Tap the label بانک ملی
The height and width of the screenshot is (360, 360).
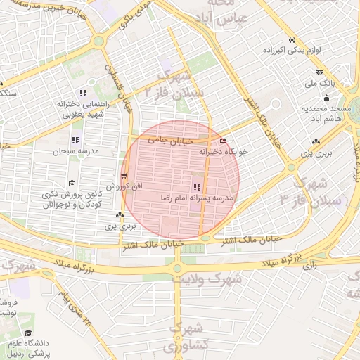[x=317, y=84]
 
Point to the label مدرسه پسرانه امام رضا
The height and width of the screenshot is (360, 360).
[x=197, y=198]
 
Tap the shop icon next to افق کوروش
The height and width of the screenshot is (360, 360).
[x=124, y=174]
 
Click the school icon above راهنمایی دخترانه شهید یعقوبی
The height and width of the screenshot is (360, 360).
[x=84, y=92]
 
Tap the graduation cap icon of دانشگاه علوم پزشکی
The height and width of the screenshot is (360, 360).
[x=28, y=333]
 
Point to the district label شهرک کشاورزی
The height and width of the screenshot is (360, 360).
[x=186, y=337]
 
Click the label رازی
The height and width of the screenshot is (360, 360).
[x=309, y=266]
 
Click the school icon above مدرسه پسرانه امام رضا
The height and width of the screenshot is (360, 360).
[x=197, y=187]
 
